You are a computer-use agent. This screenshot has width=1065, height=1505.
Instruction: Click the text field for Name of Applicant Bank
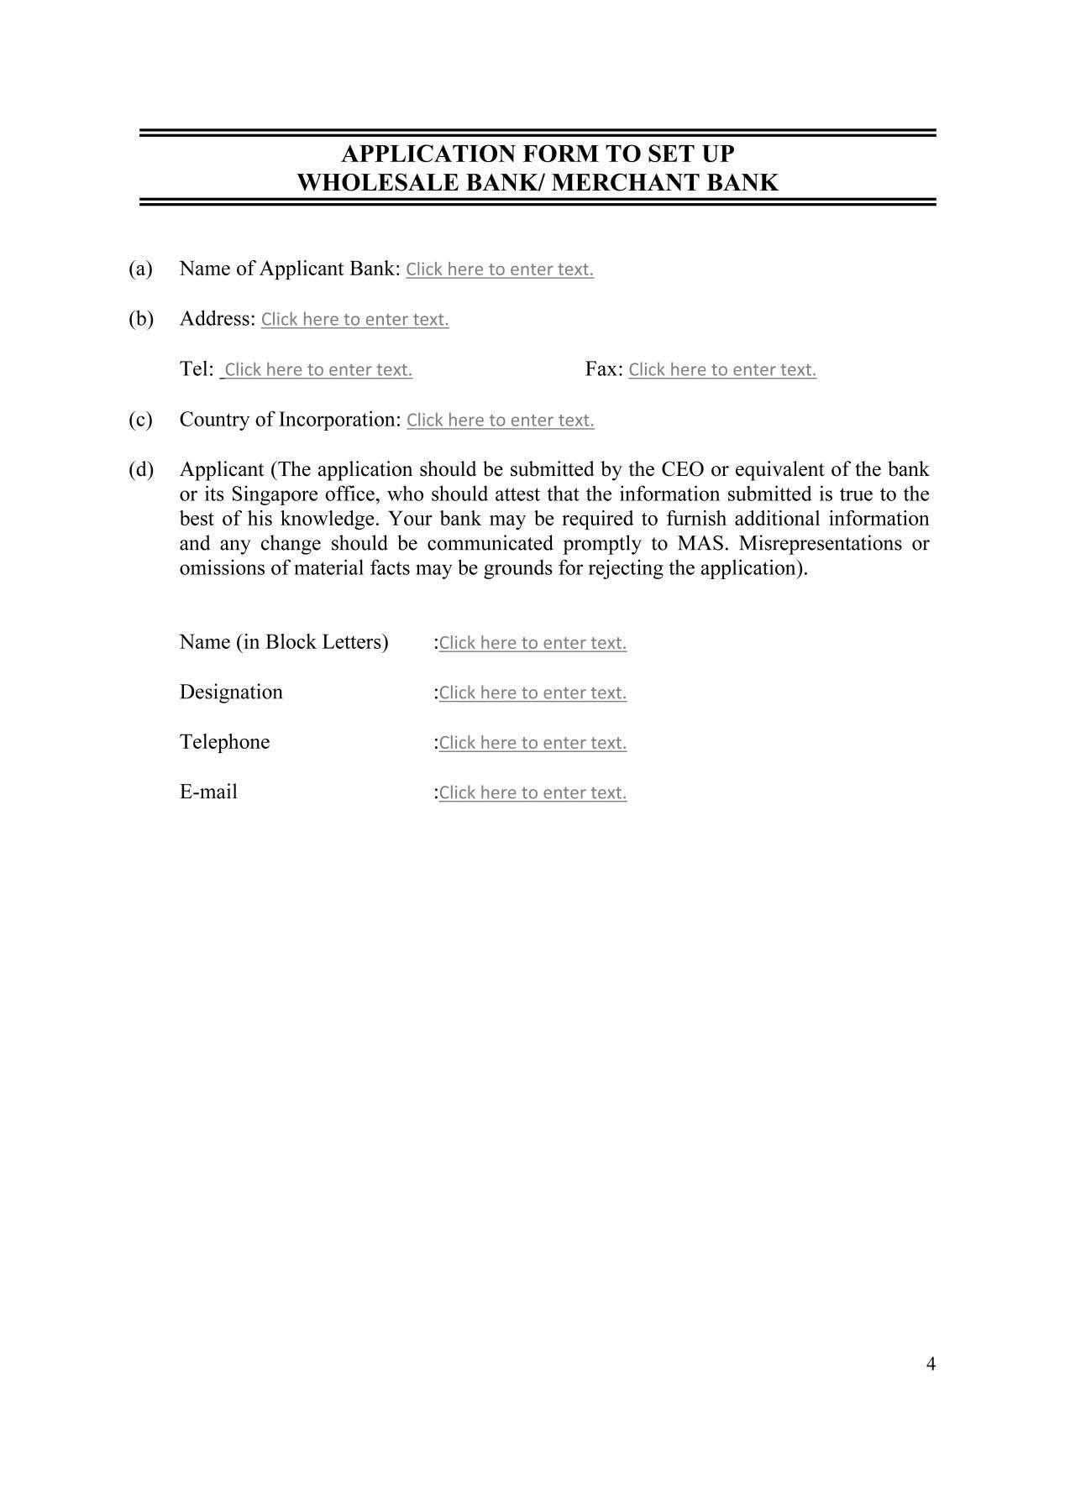[500, 269]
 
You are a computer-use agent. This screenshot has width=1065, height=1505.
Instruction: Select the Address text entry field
[354, 320]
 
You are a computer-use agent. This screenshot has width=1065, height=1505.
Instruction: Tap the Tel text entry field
[317, 370]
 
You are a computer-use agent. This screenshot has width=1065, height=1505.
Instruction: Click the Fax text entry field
[722, 370]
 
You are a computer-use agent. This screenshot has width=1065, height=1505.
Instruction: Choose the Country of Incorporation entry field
[501, 421]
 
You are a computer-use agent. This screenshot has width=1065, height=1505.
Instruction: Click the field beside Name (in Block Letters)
[532, 643]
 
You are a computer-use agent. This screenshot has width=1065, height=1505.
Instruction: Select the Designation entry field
[532, 693]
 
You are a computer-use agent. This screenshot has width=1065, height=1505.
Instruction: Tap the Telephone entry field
[532, 743]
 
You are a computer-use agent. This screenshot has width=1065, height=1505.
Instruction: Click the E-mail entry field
[532, 793]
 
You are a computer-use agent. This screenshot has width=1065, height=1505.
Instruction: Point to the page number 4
[931, 1364]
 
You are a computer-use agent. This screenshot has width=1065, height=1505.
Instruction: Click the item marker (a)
[140, 269]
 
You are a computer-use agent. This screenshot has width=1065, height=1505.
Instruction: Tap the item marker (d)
[140, 469]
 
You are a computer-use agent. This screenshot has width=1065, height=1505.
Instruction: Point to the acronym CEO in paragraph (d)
[683, 469]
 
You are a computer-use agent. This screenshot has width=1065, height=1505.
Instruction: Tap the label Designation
[231, 692]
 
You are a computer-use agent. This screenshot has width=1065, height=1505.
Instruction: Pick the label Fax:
[603, 369]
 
